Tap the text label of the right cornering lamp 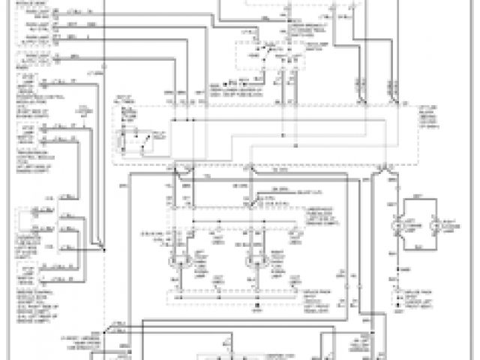tap(447, 224)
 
